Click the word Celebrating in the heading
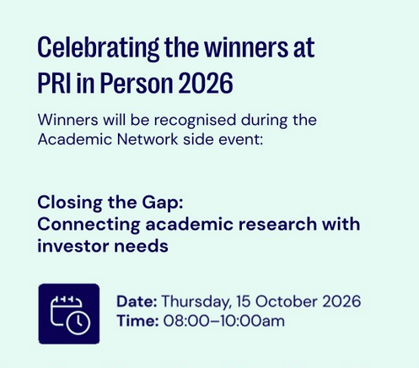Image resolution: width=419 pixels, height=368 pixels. (x=99, y=48)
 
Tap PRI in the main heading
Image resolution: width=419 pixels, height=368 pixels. (x=54, y=83)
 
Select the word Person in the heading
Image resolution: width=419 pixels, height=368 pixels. (x=137, y=83)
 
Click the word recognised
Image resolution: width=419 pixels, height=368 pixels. (x=195, y=120)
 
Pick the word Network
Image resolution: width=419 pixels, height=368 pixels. (x=148, y=139)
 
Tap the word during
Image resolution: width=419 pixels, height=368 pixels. (x=265, y=120)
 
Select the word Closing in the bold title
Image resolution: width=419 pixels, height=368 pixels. (x=70, y=203)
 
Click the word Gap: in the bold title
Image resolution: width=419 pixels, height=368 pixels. (x=163, y=203)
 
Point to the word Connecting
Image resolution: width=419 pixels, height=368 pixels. (x=89, y=225)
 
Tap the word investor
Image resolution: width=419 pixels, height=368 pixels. (x=73, y=246)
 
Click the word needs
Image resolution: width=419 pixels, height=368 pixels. (x=141, y=246)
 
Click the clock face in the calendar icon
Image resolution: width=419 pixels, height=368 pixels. (x=78, y=322)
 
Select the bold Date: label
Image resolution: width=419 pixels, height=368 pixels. (x=137, y=301)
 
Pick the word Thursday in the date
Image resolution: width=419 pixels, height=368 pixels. (x=196, y=302)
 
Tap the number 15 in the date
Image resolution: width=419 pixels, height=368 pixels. (x=244, y=301)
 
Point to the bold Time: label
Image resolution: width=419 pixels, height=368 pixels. (x=137, y=321)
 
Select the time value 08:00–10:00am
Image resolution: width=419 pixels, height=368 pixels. (x=224, y=321)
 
